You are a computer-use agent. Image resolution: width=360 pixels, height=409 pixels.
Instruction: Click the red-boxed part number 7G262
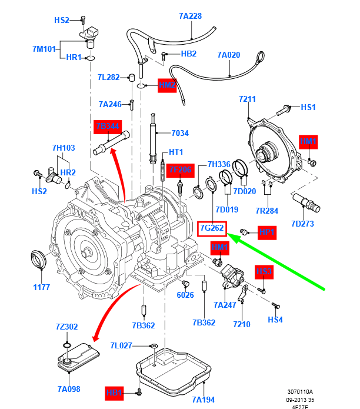(212, 228)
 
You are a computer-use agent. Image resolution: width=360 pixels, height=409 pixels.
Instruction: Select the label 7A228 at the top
(191, 16)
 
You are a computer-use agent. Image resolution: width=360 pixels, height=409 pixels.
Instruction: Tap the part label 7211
(247, 99)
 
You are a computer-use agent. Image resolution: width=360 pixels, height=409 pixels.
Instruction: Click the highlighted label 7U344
(107, 127)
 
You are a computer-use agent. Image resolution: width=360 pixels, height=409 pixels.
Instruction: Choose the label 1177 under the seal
(41, 287)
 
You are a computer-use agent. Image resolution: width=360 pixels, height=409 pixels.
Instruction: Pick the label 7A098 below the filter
(69, 389)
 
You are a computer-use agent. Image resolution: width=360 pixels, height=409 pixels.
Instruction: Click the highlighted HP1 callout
(267, 233)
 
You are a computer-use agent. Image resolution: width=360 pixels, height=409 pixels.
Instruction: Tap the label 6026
(185, 295)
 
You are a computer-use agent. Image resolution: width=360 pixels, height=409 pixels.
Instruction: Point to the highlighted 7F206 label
(181, 170)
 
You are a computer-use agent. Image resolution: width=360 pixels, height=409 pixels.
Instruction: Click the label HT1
(177, 151)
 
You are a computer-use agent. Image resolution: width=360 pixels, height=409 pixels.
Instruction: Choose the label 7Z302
(66, 327)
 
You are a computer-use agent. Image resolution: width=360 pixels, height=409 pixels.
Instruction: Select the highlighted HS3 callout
(263, 271)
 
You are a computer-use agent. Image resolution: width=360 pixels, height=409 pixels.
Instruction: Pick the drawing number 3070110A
(300, 391)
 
